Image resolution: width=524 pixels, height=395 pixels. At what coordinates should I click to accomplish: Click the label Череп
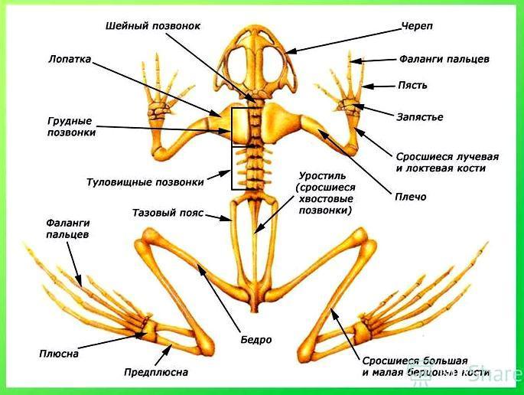click(416, 26)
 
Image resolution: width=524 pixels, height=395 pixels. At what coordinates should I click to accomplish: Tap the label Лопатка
click(69, 58)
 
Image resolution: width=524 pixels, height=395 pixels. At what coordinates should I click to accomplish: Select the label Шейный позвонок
click(153, 26)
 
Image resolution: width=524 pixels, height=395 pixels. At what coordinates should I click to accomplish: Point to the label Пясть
click(412, 86)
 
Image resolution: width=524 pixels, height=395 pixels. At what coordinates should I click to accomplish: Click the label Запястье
click(419, 117)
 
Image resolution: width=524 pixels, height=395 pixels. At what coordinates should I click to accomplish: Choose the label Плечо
click(412, 197)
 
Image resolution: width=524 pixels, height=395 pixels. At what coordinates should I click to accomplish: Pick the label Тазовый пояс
click(168, 213)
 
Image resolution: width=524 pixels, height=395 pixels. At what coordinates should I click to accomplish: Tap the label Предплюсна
click(156, 372)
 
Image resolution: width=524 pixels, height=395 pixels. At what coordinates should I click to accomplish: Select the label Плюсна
click(58, 354)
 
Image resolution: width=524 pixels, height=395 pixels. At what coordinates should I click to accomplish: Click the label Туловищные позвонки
click(145, 182)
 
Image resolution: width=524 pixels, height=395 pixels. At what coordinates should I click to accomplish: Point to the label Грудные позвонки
click(70, 126)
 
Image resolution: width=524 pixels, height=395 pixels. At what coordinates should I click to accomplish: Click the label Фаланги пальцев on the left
click(67, 228)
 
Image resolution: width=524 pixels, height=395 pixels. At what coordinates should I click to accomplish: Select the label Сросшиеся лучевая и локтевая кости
click(441, 162)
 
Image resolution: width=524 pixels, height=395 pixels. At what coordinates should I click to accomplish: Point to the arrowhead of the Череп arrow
click(290, 51)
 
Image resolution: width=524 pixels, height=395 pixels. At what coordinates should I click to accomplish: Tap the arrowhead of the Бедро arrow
click(200, 268)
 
